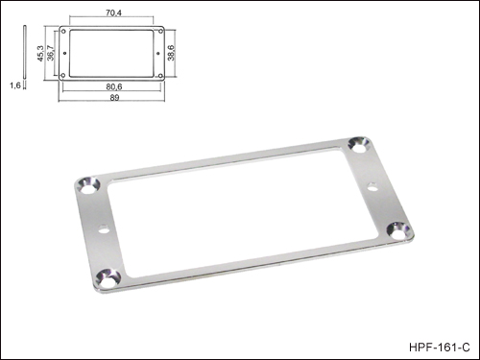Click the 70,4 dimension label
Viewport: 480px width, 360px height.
coord(113,13)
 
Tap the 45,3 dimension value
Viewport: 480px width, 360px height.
coord(40,53)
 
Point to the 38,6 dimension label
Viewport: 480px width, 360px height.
coord(171,53)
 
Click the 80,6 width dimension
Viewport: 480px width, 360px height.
coord(114,86)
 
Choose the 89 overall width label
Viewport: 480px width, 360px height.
coord(114,98)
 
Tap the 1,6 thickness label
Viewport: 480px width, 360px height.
coord(15,85)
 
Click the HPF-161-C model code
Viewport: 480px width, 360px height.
coord(440,348)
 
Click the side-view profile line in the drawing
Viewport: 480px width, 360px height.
coord(25,52)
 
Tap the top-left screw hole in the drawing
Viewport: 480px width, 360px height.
coord(63,32)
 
